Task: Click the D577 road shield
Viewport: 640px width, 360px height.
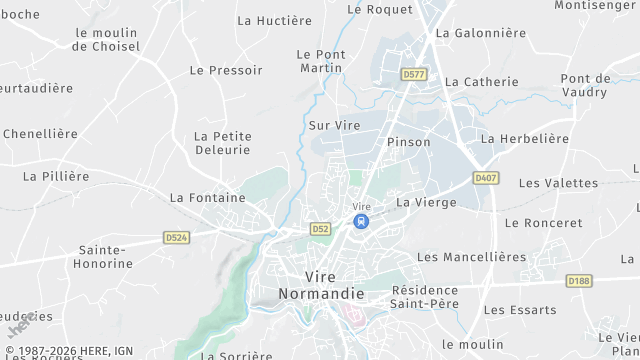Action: (x=412, y=74)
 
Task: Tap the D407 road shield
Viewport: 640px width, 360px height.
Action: (x=486, y=178)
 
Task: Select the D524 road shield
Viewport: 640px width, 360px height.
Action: (x=176, y=238)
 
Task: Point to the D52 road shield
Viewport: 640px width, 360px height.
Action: (x=320, y=229)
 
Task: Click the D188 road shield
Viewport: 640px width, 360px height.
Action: (x=578, y=281)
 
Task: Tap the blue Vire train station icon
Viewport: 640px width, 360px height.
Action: (x=361, y=221)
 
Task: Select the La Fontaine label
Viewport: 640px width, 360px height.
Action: (x=207, y=198)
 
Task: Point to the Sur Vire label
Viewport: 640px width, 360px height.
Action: (x=334, y=126)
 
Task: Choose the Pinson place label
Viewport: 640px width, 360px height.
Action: (x=408, y=142)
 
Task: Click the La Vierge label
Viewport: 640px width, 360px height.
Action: (x=426, y=202)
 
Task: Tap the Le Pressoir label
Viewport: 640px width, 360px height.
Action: (x=226, y=70)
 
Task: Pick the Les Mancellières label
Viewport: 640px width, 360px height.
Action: (x=471, y=257)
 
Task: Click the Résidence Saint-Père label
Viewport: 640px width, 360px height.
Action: (x=424, y=296)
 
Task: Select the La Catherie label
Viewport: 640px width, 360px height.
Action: (x=481, y=82)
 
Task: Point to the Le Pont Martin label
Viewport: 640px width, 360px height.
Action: (x=321, y=61)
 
